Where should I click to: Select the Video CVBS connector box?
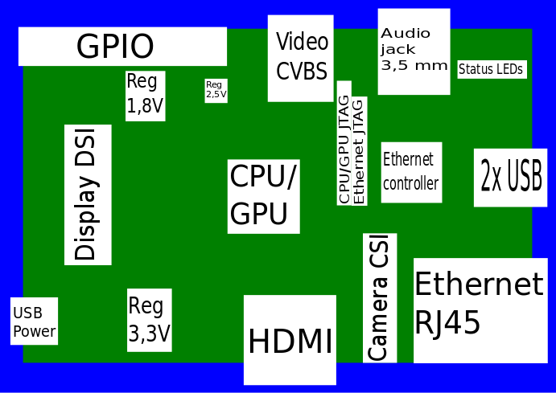[301, 58]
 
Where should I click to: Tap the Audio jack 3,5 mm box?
[414, 51]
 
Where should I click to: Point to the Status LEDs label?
[491, 69]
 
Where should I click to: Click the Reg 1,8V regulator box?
[146, 96]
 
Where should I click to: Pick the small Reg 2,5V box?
[216, 90]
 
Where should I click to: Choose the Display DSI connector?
[88, 194]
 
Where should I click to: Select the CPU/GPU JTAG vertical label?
[344, 143]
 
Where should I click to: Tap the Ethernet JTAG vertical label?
[359, 150]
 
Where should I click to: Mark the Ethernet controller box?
[411, 172]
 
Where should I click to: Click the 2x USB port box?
[511, 178]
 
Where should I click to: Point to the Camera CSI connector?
[380, 298]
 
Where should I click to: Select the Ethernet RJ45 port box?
[480, 309]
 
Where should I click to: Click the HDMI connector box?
[290, 340]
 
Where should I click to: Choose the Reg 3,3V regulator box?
[150, 320]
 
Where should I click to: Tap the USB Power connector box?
[35, 321]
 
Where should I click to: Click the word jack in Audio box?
[396, 49]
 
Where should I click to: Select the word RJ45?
[447, 323]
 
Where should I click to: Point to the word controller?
[411, 183]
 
